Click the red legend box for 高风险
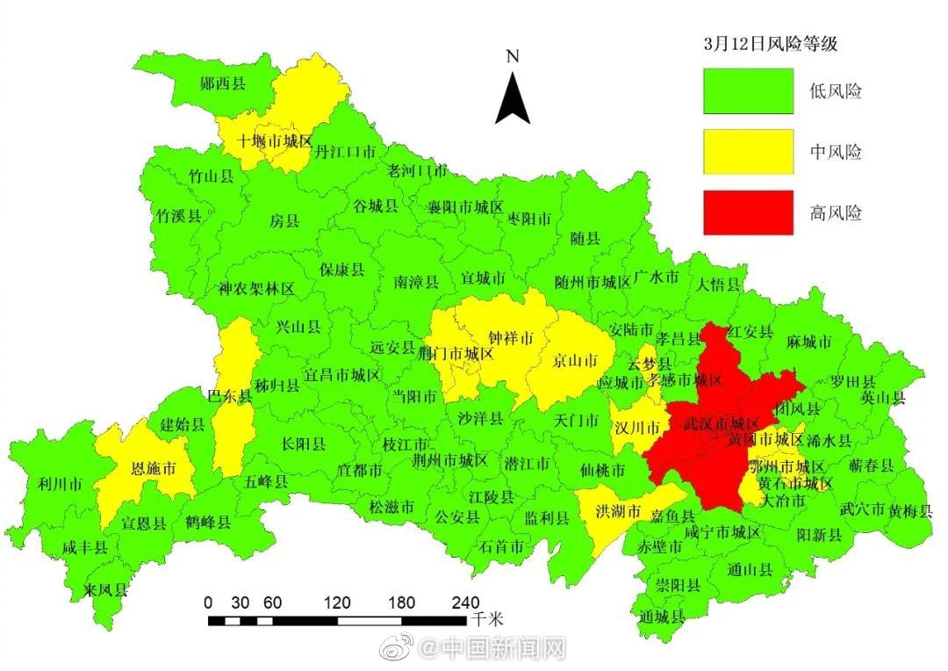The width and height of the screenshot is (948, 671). point(748,213)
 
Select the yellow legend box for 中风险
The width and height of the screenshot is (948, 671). point(748,152)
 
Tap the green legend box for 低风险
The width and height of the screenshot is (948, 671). point(748,91)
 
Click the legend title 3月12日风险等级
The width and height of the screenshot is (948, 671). point(765,44)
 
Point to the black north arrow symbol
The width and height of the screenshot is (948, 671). point(513,98)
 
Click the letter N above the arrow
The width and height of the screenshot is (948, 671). point(513,57)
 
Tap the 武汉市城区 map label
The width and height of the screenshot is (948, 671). point(711,423)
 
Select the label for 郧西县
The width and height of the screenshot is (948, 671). point(223,84)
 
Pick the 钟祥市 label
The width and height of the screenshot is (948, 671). point(511,338)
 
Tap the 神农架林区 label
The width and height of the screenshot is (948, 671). point(257,288)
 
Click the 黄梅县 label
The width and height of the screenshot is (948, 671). point(910,510)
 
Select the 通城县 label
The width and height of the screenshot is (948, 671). point(662,617)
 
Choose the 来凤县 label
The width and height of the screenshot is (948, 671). point(106,589)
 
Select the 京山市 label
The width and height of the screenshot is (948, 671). point(575,361)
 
